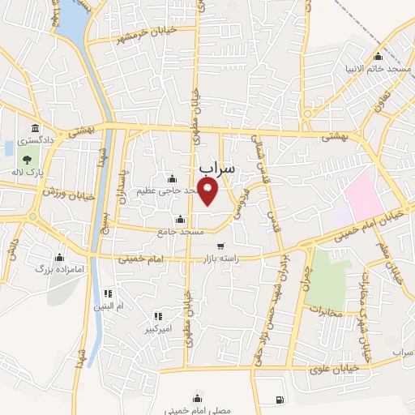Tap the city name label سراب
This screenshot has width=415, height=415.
pyautogui.click(x=216, y=169)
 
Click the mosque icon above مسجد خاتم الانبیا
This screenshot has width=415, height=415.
pyautogui.click(x=378, y=57)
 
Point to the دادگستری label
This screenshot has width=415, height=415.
pyautogui.click(x=35, y=140)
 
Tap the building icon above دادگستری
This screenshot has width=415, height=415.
pyautogui.click(x=35, y=128)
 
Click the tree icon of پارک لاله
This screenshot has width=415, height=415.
pyautogui.click(x=28, y=159)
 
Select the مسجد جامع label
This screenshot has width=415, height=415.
pyautogui.click(x=182, y=232)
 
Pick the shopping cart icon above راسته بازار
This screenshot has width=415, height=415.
pyautogui.click(x=220, y=246)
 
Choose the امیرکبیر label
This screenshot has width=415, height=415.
pyautogui.click(x=158, y=331)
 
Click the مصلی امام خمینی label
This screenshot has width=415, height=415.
pyautogui.click(x=198, y=410)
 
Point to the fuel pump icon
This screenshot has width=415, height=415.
pyautogui.click(x=280, y=399)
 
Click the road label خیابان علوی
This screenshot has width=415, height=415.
pyautogui.click(x=330, y=370)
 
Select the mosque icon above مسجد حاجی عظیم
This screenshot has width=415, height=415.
pyautogui.click(x=171, y=178)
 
